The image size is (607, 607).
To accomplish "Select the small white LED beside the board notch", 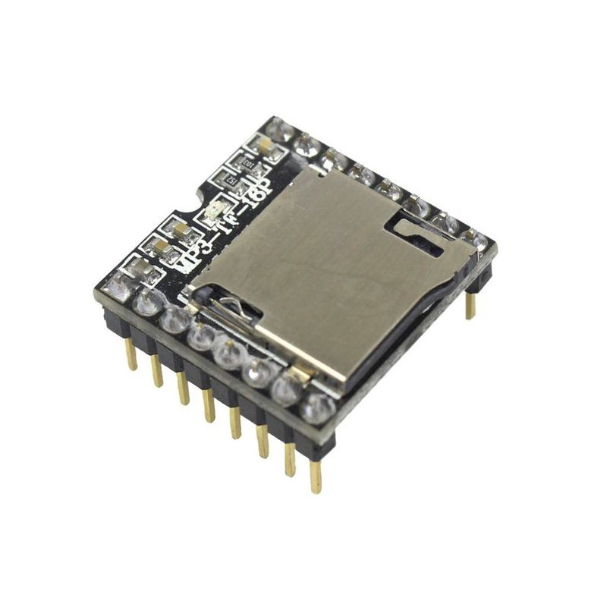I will point(214,210).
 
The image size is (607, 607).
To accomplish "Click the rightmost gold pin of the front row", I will point(315,476).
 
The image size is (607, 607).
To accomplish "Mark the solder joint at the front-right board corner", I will point(317,410).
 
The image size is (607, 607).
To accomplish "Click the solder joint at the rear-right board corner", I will point(475,241).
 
